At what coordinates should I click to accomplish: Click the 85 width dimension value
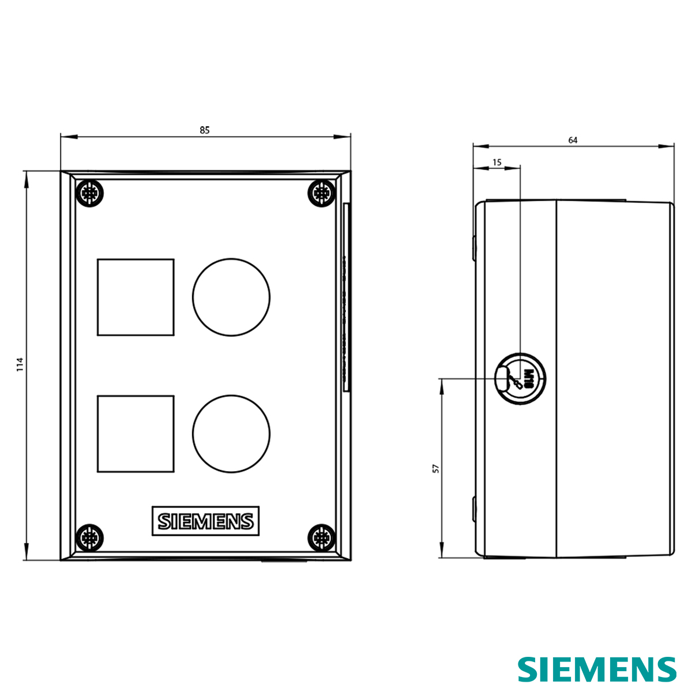pyautogui.click(x=205, y=130)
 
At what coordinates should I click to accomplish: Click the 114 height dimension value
pyautogui.click(x=20, y=364)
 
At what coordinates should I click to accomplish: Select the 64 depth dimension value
pyautogui.click(x=573, y=140)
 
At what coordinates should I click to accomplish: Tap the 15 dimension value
pyautogui.click(x=497, y=163)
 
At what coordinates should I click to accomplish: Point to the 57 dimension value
pyautogui.click(x=436, y=468)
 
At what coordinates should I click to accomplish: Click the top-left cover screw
pyautogui.click(x=90, y=193)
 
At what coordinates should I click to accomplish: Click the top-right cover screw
pyautogui.click(x=321, y=193)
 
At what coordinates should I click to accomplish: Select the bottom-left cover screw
pyautogui.click(x=90, y=538)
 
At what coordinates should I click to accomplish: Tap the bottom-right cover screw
pyautogui.click(x=321, y=538)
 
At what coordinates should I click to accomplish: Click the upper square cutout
pyautogui.click(x=136, y=297)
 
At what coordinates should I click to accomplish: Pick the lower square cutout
pyautogui.click(x=136, y=434)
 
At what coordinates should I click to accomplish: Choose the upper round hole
pyautogui.click(x=231, y=297)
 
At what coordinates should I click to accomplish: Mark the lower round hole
pyautogui.click(x=231, y=434)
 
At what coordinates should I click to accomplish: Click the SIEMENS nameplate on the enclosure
pyautogui.click(x=206, y=521)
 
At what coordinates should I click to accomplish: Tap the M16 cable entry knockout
pyautogui.click(x=519, y=379)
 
